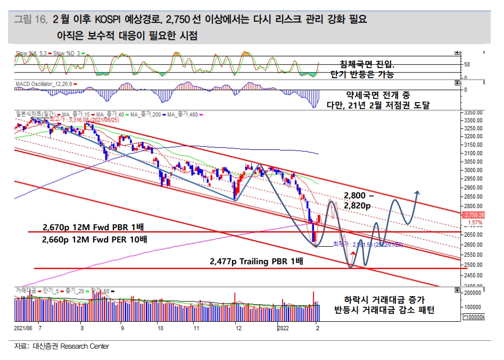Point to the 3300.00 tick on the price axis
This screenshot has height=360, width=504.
coord(472,121)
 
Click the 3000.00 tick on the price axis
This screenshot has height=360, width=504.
coord(472,170)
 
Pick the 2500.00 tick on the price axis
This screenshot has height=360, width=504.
coord(472,265)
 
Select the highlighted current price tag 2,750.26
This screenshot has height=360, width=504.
coord(473,215)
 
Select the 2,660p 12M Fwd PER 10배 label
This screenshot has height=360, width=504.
coord(94,239)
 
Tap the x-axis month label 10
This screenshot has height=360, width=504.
coord(160,329)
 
